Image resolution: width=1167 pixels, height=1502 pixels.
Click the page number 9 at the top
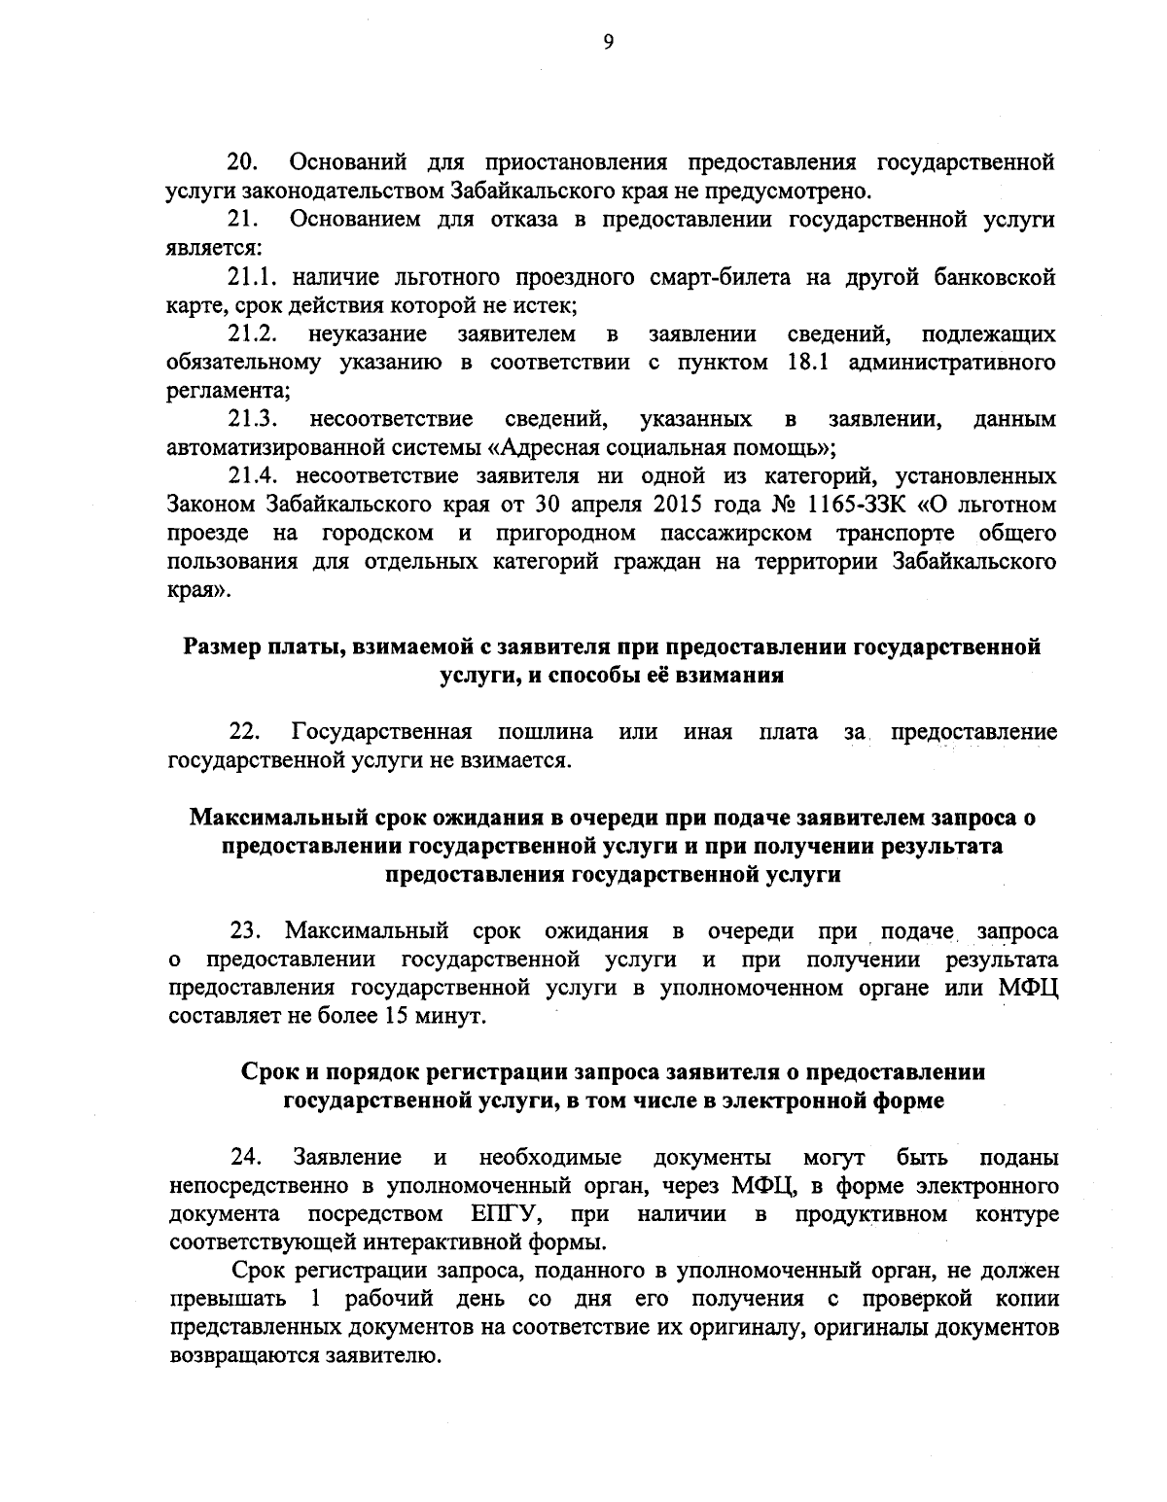pyautogui.click(x=608, y=41)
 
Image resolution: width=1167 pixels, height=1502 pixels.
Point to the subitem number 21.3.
pyautogui.click(x=252, y=420)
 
